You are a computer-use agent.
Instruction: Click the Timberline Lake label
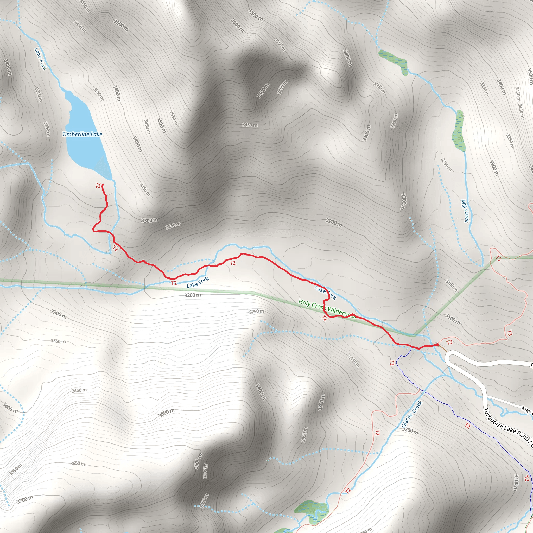tap(82, 134)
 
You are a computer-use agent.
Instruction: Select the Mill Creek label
tap(465, 211)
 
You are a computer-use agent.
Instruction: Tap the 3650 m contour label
tap(78, 464)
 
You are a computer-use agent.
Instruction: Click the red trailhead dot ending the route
tap(437, 345)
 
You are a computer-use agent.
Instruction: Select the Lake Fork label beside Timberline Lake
tap(40, 59)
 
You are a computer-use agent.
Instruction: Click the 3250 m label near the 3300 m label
tap(173, 225)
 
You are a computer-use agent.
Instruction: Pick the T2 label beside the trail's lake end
tap(98, 185)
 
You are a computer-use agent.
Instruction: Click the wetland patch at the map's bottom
tap(312, 512)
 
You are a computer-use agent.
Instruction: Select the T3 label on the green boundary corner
tap(498, 258)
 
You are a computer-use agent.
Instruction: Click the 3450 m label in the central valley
tap(250, 125)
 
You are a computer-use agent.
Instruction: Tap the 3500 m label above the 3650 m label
tap(166, 413)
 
